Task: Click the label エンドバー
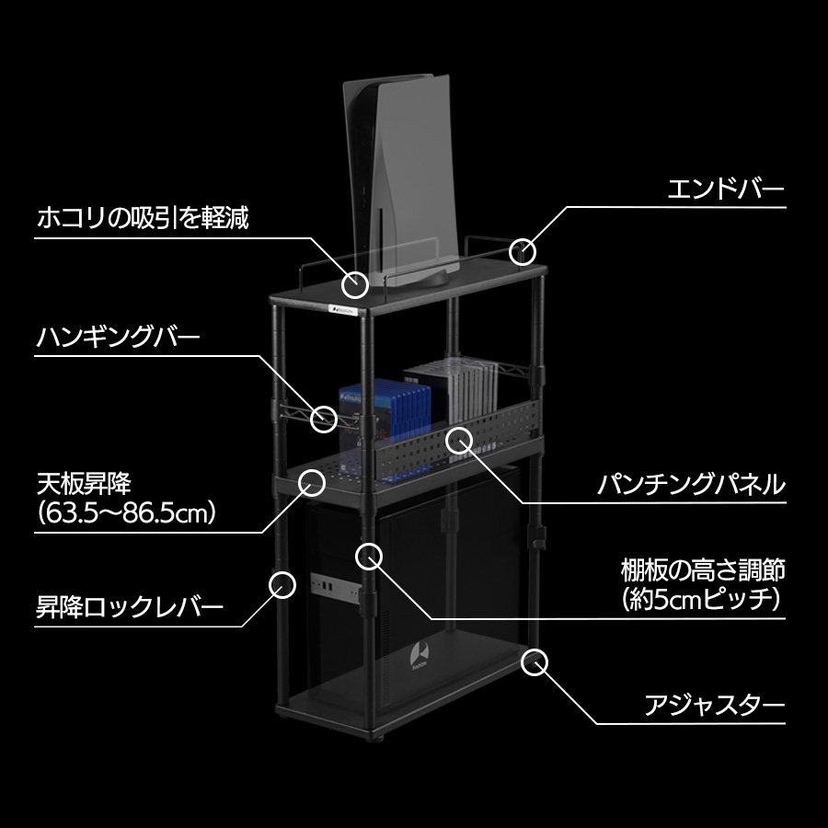pos(725,191)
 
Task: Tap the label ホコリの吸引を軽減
pos(143,219)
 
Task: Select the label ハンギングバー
pos(118,338)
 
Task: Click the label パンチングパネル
pos(690,483)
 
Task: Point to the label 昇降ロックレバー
pos(130,608)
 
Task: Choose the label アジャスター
pos(714,707)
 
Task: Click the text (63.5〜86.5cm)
pos(127,512)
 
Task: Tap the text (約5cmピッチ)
pos(703,600)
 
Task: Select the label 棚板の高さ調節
pos(703,569)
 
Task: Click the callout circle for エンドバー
pos(523,250)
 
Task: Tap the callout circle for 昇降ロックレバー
pos(282,583)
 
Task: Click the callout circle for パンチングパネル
pos(458,439)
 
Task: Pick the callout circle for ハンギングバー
pos(324,420)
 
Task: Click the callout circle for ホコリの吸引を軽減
pos(356,282)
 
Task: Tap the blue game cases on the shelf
pos(383,409)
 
